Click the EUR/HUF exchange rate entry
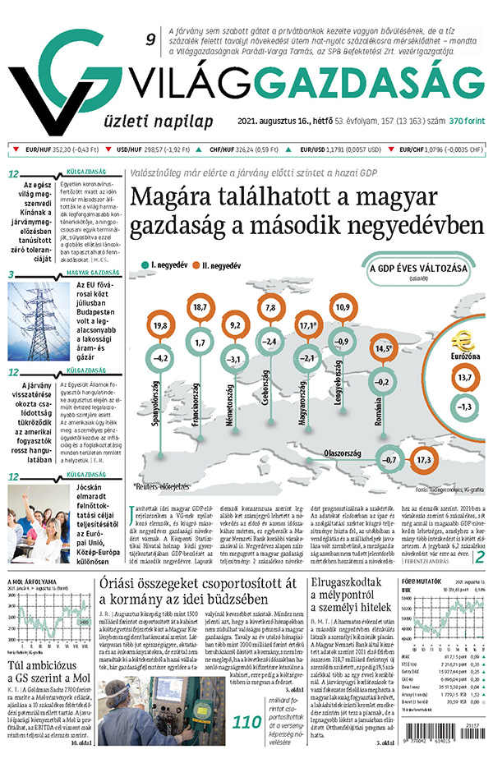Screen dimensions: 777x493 (54, 149)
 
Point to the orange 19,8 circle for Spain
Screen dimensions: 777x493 (160, 327)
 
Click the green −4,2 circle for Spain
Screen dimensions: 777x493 (160, 357)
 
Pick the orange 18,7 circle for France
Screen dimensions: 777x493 (198, 307)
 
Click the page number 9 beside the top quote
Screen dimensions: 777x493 (150, 39)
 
